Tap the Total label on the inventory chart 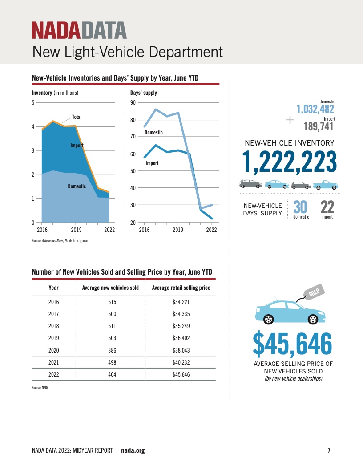tap(77, 117)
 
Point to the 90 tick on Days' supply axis tap(133, 103)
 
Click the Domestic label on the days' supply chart tap(154, 133)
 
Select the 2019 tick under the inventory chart tap(76, 230)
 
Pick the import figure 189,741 tap(319, 126)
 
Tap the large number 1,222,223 tap(289, 162)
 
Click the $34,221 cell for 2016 tap(181, 302)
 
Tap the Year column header tap(53, 288)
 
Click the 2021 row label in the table tap(53, 363)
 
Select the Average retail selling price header tap(181, 288)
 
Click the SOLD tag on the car tap(315, 293)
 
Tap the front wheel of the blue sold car tap(313, 319)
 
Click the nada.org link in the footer tap(133, 450)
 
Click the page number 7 tap(329, 451)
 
